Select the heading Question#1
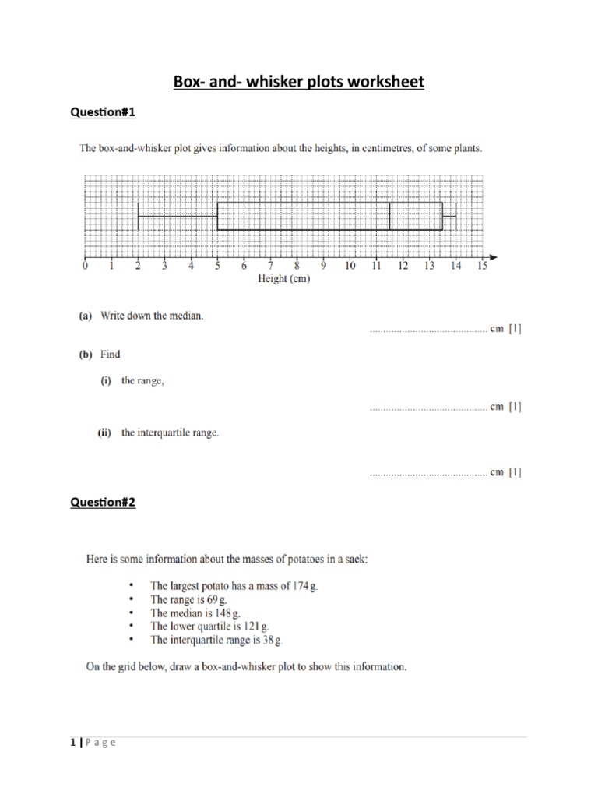click(103, 113)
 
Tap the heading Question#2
click(103, 503)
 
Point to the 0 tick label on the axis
click(85, 267)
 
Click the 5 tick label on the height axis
click(217, 267)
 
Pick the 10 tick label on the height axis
click(350, 267)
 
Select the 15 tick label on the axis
click(482, 267)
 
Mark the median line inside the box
click(389, 216)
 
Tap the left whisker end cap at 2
click(138, 216)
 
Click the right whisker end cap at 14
click(456, 216)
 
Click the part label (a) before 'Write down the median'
click(85, 316)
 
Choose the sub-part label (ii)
click(104, 433)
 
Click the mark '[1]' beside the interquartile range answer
click(515, 472)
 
